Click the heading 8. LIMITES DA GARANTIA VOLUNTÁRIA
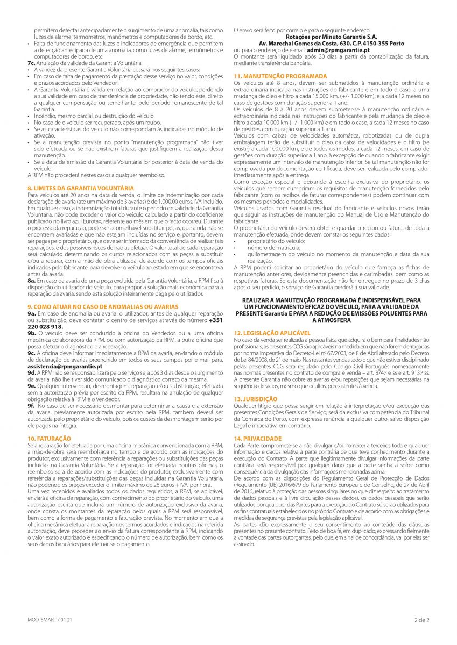coord(81,188)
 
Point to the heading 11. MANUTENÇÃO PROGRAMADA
coord(280,76)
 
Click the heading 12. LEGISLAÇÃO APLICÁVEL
coord(272,333)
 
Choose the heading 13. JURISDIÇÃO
coord(256,399)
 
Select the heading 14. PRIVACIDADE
coord(258,439)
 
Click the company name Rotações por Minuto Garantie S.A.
coord(331,37)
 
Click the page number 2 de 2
coord(421,620)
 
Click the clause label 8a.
coord(32,280)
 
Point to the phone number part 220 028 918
coord(45,326)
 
